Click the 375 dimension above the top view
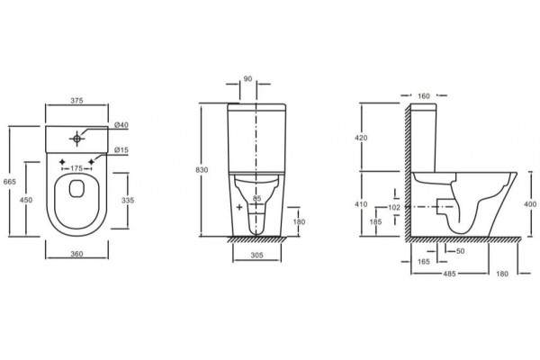[76, 101]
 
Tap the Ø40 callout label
[121, 125]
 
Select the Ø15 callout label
[121, 150]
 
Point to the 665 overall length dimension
[9, 182]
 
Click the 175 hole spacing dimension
[76, 168]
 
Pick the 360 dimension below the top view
[76, 254]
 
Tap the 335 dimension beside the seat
[128, 200]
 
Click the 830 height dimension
[202, 170]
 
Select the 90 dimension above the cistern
[248, 79]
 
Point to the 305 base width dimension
[256, 255]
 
